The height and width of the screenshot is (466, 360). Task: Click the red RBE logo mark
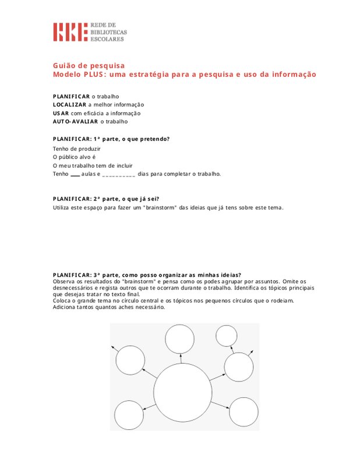click(70, 32)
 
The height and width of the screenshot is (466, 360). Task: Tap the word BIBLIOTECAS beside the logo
click(108, 32)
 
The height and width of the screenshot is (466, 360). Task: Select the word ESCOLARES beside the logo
click(107, 38)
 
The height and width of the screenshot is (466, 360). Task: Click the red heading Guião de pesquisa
click(89, 65)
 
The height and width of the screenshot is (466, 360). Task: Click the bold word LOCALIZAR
click(69, 104)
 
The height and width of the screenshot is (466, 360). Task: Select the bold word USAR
click(61, 113)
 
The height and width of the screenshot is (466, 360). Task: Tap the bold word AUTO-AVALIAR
click(75, 122)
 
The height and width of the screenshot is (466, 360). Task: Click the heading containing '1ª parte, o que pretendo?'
click(111, 139)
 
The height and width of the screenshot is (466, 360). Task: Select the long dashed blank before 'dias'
click(118, 174)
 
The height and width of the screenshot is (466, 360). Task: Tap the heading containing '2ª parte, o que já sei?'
click(105, 199)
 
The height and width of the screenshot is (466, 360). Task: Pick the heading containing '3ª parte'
click(147, 275)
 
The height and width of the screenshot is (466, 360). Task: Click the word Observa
click(63, 281)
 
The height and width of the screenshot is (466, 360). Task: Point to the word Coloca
click(62, 301)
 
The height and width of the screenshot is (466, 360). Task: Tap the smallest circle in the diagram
click(226, 337)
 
